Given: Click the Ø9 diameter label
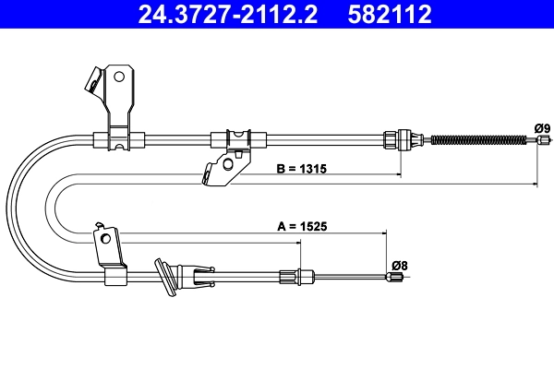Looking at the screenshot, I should pos(541,127).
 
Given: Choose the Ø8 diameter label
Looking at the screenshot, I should pos(398,265).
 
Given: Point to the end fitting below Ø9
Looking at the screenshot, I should pos(538,140).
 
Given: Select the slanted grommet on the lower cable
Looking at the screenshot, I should pos(168,279).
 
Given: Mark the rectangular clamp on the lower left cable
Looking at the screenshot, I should pos(114,275).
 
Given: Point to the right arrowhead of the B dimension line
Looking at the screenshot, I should pos(536,185).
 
